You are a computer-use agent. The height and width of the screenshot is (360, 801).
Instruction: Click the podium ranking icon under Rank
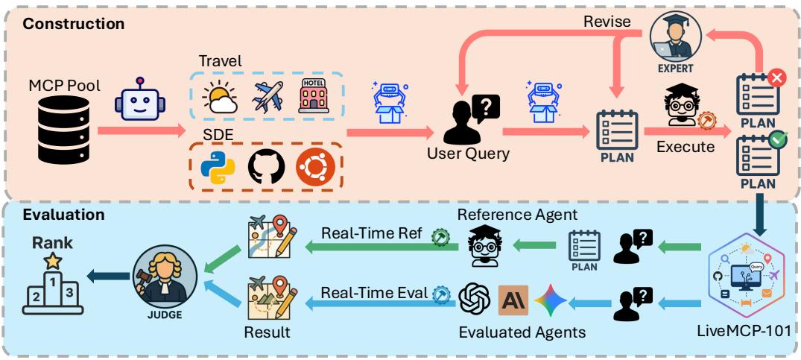(x=51, y=287)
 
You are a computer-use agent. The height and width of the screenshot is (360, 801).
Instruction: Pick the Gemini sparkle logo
(x=551, y=300)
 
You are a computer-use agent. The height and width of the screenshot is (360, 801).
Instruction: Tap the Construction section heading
(x=73, y=23)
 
